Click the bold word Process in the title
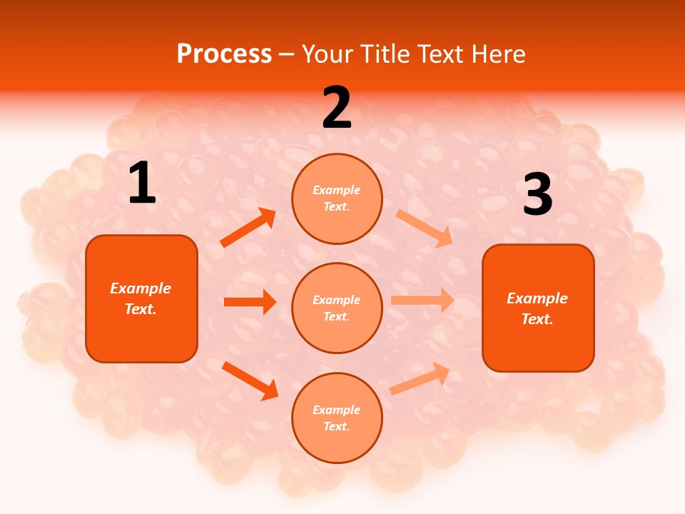tap(224, 54)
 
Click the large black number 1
tap(142, 183)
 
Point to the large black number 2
tap(337, 108)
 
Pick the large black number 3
tap(537, 195)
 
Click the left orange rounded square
tap(141, 298)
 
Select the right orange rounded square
tap(538, 308)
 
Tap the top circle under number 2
tap(337, 198)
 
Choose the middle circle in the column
tap(337, 308)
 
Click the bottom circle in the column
tap(337, 418)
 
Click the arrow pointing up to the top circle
tap(248, 228)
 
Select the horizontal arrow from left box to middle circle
tap(250, 302)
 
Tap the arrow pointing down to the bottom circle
tap(250, 380)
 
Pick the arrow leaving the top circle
tap(425, 227)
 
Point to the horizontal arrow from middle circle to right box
tap(422, 301)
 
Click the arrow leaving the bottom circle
tap(420, 378)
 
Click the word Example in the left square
tap(141, 288)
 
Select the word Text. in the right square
tap(537, 319)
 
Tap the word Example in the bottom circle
tap(336, 410)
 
